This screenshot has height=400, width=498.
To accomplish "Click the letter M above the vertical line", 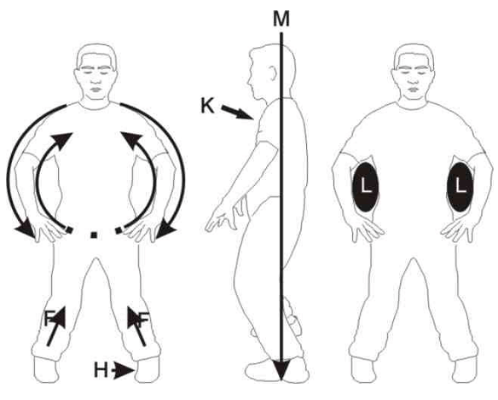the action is (x=281, y=19).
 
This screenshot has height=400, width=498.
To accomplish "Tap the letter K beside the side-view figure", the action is (x=207, y=106).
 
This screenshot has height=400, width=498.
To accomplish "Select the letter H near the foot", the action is (x=101, y=370).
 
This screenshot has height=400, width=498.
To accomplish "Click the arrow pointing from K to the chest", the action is (x=237, y=113).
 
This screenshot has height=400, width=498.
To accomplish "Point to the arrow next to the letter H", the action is (x=124, y=370).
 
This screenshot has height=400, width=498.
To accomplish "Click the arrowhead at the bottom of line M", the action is (x=281, y=369).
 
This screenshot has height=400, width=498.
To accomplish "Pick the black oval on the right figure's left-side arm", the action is (x=366, y=187).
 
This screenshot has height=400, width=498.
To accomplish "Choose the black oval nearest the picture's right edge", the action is (x=460, y=187).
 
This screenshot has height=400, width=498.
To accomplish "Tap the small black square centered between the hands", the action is (x=94, y=235).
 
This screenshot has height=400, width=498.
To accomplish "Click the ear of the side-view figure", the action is (x=272, y=73).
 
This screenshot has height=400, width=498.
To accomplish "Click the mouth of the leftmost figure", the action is (x=96, y=89).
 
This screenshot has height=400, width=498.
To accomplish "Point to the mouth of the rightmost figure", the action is (x=412, y=89).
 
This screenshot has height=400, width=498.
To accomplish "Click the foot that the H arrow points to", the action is (x=148, y=369).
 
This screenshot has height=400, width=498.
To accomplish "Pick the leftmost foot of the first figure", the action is (x=45, y=369).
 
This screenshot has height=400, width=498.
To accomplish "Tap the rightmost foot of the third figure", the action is (x=466, y=370).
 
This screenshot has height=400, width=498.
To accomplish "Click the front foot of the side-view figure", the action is (x=263, y=371).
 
